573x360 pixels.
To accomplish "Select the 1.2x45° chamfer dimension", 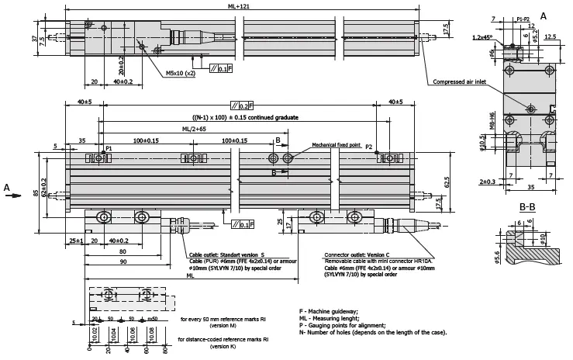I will click(484, 36).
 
